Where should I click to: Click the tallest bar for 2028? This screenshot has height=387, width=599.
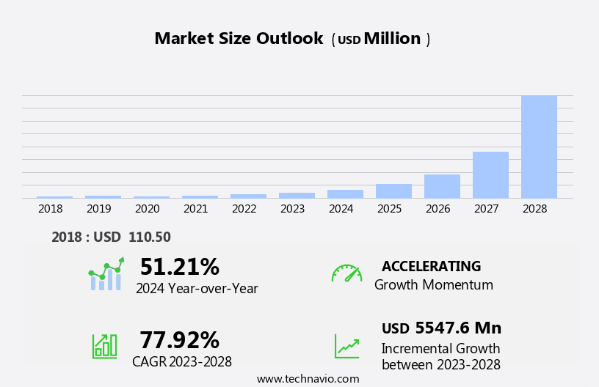pos(539,147)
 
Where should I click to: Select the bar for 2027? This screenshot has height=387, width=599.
pos(490,174)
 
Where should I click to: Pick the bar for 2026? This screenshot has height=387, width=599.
pos(442,186)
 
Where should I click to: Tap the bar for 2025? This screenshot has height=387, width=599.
pos(393,191)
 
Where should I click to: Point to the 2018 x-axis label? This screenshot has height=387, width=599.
pos(50,209)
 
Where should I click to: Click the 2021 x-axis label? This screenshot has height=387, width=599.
pos(195,209)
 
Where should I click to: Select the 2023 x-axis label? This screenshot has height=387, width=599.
pos(292,209)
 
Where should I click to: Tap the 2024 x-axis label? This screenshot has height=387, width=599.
pos(341,209)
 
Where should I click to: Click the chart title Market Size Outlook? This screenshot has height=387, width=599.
pos(239,39)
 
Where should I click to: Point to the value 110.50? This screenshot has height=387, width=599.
pos(149,237)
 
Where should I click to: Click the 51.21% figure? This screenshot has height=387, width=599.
pos(179,267)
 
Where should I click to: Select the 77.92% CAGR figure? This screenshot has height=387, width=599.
pos(179,340)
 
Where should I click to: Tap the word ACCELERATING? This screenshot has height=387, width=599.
pos(431,267)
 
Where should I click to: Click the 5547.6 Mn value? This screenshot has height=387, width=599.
pos(458,328)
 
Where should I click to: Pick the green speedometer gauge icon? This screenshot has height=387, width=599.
pos(346,273)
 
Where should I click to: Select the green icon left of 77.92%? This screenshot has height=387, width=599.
pos(104,345)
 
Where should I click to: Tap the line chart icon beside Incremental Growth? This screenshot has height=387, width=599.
pos(346,346)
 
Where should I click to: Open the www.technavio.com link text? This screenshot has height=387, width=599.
pos(308,379)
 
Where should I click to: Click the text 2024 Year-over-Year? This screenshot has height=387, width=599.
pos(197,289)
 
